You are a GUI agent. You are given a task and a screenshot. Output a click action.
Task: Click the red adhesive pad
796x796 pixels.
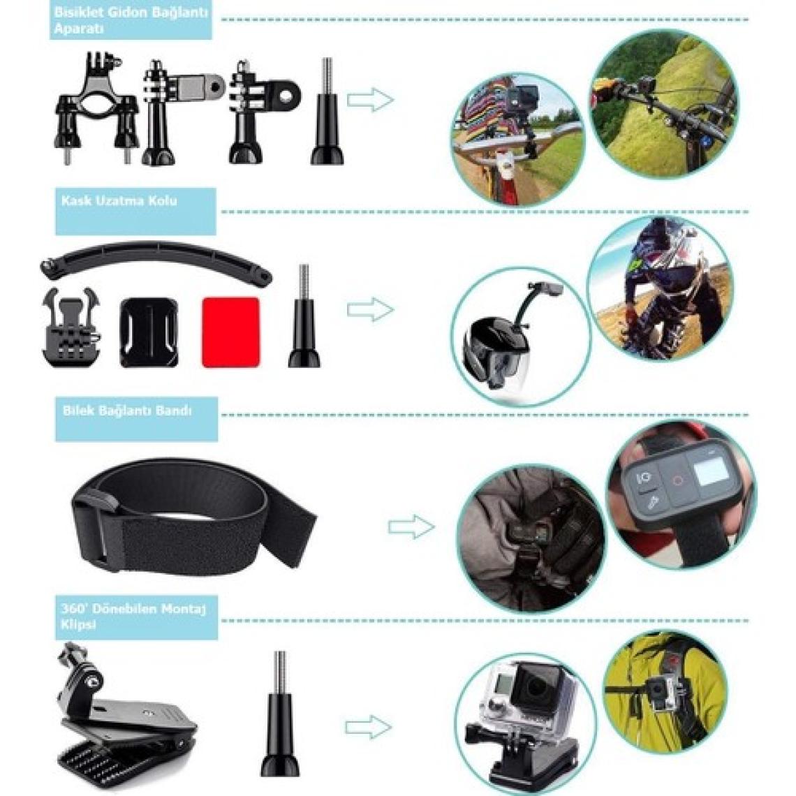point(231,332)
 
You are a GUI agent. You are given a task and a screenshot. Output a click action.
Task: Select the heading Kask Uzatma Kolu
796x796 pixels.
point(119,200)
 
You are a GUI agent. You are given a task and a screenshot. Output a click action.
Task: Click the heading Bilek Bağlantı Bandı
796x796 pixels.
point(127,411)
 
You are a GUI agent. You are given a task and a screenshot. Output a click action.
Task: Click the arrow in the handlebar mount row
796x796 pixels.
point(370,99)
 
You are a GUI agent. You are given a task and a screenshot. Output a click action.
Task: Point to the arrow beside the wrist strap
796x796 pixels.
point(411,526)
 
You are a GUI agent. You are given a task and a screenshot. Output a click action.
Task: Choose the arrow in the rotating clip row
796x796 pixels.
point(369,726)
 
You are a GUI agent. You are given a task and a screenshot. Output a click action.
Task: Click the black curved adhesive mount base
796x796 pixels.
point(149,332)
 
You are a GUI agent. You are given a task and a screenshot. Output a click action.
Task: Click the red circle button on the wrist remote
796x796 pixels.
point(678,480)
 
